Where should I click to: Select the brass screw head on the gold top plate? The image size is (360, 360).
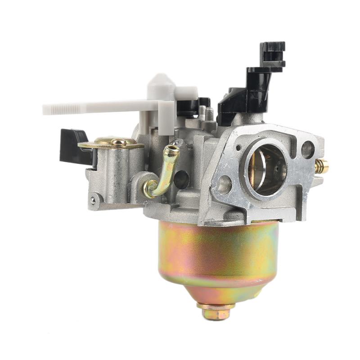[x=118, y=142]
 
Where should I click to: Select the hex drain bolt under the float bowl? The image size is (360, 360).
[x=216, y=313]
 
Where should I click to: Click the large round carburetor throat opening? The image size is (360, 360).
[x=265, y=166]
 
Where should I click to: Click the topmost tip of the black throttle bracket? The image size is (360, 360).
[x=272, y=45]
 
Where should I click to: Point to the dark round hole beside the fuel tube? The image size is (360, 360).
[x=181, y=180]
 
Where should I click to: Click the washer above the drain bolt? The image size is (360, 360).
[x=216, y=305]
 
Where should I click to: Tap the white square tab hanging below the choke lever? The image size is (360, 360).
[x=166, y=118]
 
